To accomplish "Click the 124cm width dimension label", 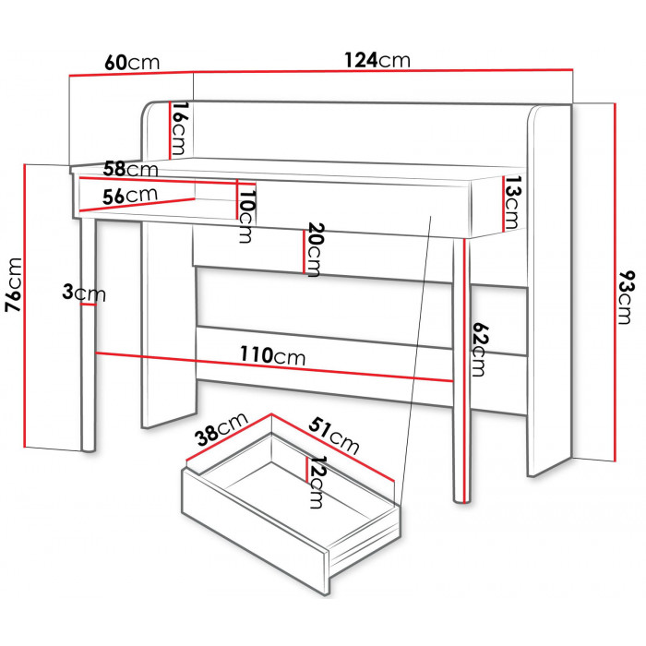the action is tap(377, 60).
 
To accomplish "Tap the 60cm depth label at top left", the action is tap(132, 63).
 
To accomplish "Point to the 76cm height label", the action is tap(13, 285).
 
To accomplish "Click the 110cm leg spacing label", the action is tap(273, 355).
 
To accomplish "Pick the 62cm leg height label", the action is tap(479, 350).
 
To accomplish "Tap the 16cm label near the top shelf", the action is tap(180, 128).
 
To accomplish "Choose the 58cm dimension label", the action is tap(131, 169).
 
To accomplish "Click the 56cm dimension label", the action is tap(130, 196).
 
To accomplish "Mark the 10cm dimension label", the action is tap(247, 216).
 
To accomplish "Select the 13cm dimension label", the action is tap(512, 202).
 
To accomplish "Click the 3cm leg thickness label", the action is tap(84, 293).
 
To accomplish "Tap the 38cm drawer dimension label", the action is tap(221, 430).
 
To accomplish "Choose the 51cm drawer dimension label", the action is tap(334, 436).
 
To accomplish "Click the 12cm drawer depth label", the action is tap(317, 482).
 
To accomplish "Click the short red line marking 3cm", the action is tap(89, 305).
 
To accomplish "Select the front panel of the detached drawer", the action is tap(256, 532).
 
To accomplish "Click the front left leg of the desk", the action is tap(89, 334).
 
